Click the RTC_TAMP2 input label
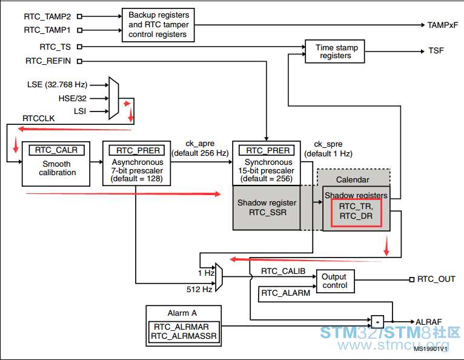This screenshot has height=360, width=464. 47,16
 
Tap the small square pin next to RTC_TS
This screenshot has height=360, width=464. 79,47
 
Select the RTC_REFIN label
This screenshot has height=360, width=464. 48,61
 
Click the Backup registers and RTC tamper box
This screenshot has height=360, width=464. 158,25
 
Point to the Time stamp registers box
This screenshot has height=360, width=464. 335,52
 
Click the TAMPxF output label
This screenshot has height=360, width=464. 442,25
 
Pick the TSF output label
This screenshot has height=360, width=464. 436,51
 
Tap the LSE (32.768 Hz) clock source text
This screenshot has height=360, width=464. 57,85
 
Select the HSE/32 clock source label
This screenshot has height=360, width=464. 73,98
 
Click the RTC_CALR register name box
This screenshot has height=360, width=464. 56,150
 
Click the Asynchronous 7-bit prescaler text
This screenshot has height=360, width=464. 137,170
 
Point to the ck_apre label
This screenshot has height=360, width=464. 200,144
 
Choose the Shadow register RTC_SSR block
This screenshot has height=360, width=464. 267,207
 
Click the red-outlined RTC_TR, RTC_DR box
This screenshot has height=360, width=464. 356,213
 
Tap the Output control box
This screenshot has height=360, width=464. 335,281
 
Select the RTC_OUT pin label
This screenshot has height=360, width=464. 436,279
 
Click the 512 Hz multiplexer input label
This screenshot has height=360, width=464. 199,289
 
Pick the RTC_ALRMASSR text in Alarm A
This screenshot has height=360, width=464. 184,336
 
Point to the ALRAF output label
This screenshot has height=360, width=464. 428,322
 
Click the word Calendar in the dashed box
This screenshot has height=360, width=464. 353,180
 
